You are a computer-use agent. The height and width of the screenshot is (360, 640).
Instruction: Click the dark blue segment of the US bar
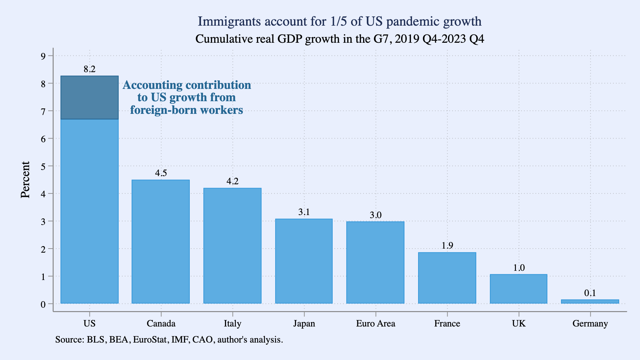(90, 97)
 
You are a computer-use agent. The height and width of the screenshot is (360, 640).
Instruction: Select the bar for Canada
(161, 241)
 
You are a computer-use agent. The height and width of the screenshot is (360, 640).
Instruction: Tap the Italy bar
(232, 245)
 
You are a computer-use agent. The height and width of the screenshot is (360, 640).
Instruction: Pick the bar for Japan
(304, 261)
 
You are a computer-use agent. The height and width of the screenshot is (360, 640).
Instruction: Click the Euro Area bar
(375, 262)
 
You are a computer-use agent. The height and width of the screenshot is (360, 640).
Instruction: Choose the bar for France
(447, 278)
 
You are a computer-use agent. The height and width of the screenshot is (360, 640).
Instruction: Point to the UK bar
(519, 289)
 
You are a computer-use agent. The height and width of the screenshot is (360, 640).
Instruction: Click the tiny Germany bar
(590, 302)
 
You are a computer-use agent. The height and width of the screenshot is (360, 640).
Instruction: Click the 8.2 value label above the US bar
(90, 69)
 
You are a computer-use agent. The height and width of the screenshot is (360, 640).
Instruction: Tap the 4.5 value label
(161, 173)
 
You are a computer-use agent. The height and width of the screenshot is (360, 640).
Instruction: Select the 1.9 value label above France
(447, 245)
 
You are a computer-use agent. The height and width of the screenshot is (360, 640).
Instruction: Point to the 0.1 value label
(590, 293)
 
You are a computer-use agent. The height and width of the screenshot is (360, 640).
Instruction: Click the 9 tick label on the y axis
(43, 56)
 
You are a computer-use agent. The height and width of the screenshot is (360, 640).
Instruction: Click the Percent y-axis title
(25, 180)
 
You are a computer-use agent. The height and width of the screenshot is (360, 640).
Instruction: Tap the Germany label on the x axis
(590, 323)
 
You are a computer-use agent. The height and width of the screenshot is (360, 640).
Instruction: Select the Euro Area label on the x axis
(375, 323)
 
